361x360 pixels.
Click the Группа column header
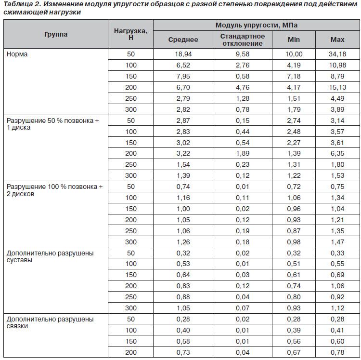(x=56, y=34)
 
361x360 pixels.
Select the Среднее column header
(x=183, y=40)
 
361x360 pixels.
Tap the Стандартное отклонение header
(x=243, y=40)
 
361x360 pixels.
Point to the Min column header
(x=294, y=40)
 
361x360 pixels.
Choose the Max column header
(x=337, y=40)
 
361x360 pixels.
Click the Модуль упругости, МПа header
(x=257, y=25)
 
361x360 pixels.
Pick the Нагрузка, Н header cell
(x=131, y=34)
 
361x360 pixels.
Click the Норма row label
(x=17, y=54)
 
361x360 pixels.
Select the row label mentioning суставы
(x=50, y=256)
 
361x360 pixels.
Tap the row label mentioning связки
(x=50, y=323)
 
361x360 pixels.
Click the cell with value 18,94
(x=183, y=54)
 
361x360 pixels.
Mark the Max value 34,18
(x=337, y=54)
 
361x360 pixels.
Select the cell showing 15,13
(x=337, y=87)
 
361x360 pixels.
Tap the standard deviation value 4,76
(x=243, y=87)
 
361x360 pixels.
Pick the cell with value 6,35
(x=337, y=154)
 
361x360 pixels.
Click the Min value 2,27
(x=294, y=143)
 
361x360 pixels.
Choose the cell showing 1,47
(x=337, y=242)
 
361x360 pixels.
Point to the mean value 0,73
(x=183, y=352)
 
